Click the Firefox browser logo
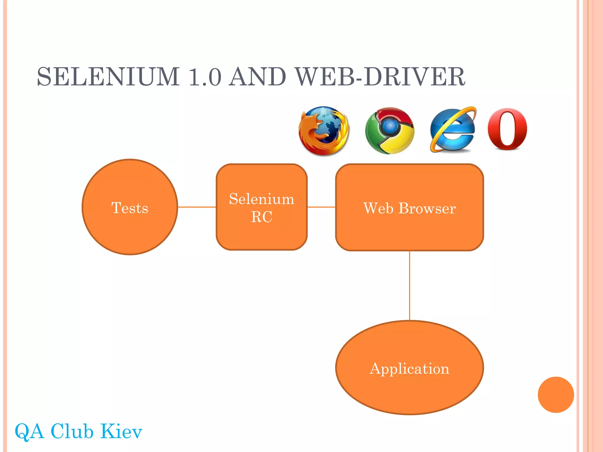pos(324,131)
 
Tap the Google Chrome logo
pos(390,130)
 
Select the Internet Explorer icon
pos(453,130)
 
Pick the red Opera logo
pos(507,129)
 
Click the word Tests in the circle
pos(130,208)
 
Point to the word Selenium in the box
pos(261,199)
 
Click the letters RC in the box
pos(261,217)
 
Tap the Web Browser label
pos(409,208)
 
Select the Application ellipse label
pos(409,368)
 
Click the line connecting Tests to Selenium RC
pos(197,207)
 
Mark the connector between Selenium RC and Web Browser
pos(321,207)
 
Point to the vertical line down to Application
pos(409,285)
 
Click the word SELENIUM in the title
pos(108,77)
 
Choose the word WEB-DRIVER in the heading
pos(380,77)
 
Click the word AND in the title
pos(258,77)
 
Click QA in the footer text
pos(29,431)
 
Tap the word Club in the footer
pos(72,431)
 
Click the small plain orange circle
pos(556,395)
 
